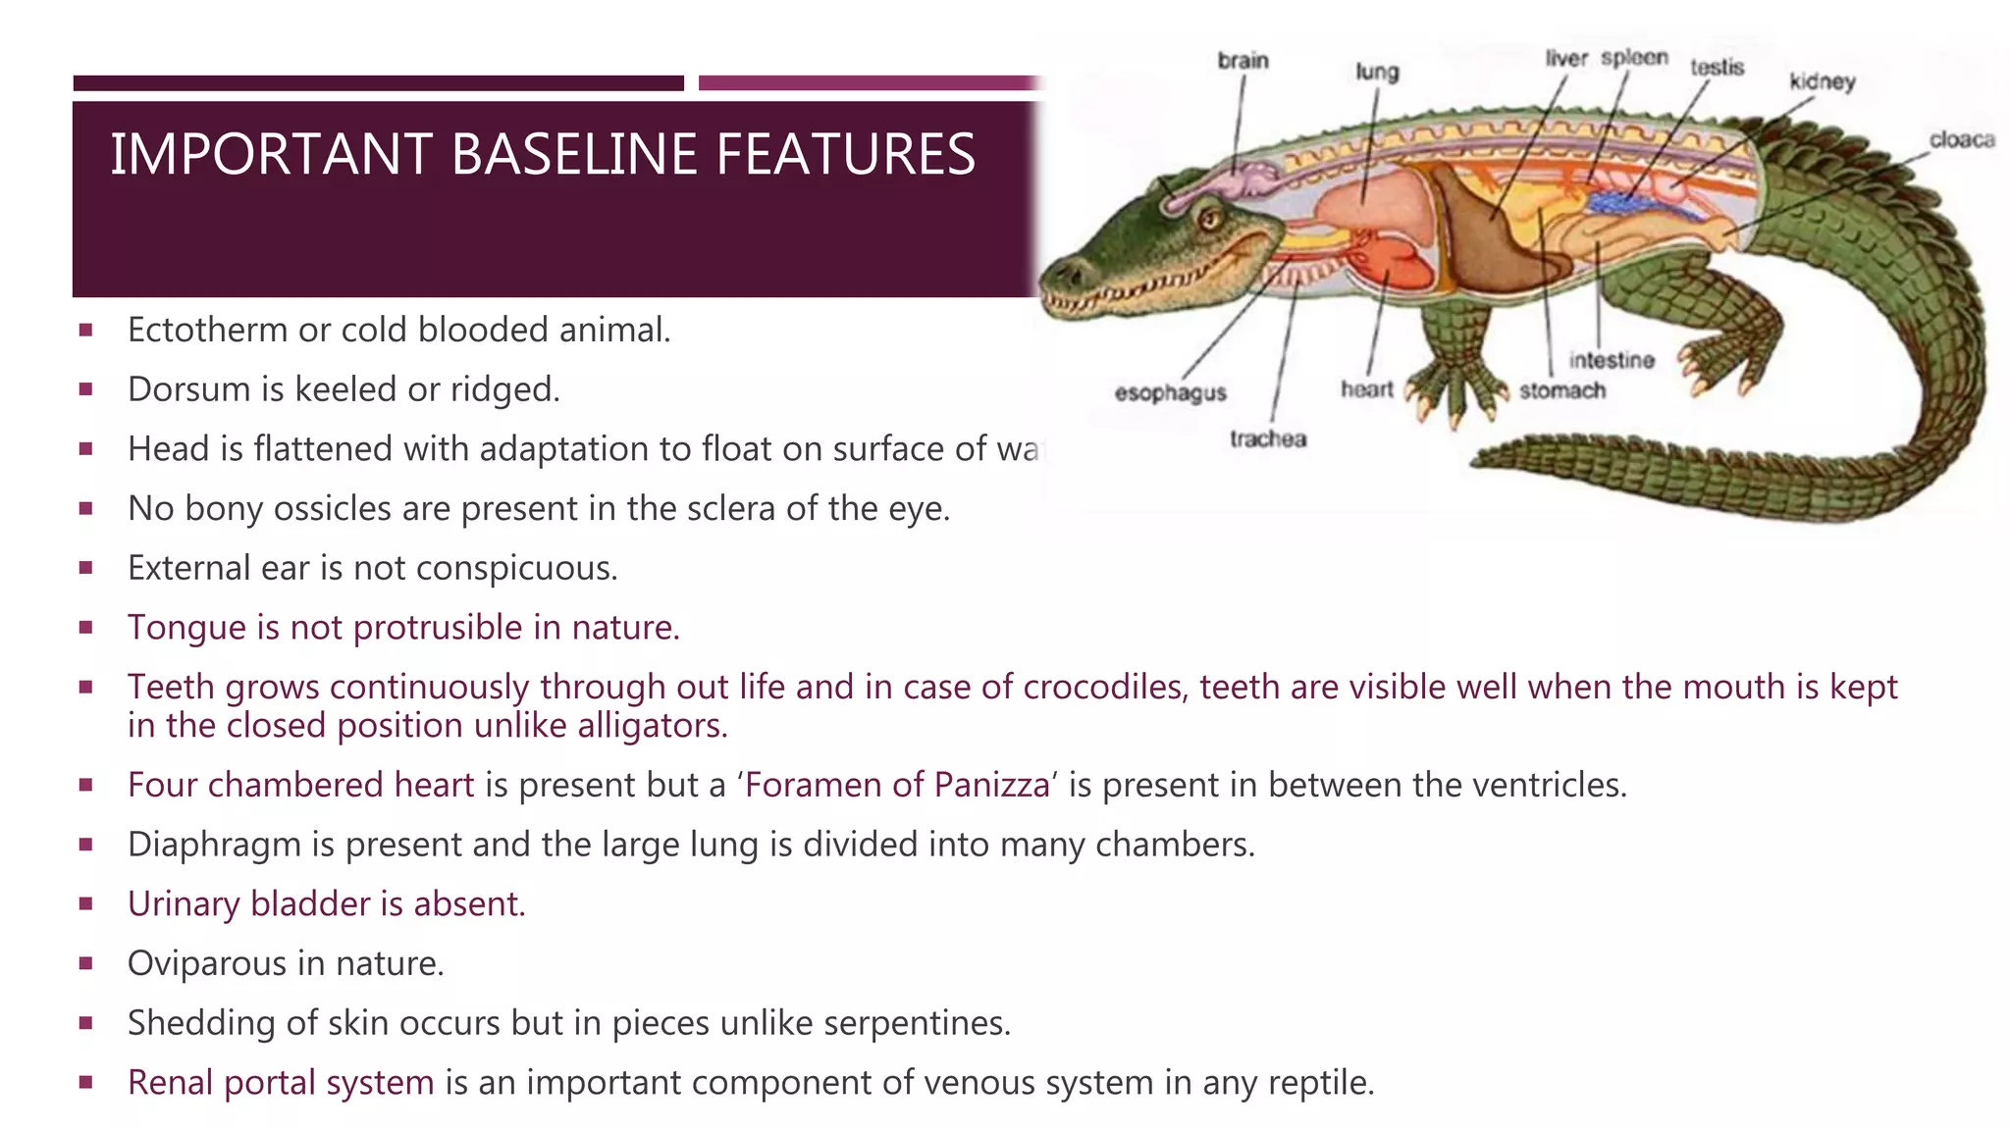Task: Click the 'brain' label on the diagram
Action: [1243, 61]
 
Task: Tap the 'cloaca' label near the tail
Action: [1961, 140]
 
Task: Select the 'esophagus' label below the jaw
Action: [1170, 393]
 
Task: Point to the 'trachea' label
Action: [1267, 439]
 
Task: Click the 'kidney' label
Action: [1822, 81]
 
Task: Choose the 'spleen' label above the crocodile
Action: [1634, 58]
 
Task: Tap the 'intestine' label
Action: [1611, 361]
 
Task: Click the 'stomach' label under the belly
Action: [1562, 391]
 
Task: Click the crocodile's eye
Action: [1209, 219]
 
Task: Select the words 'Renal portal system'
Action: [281, 1083]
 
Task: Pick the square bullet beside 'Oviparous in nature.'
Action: [86, 963]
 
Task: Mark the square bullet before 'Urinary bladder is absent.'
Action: [86, 903]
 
